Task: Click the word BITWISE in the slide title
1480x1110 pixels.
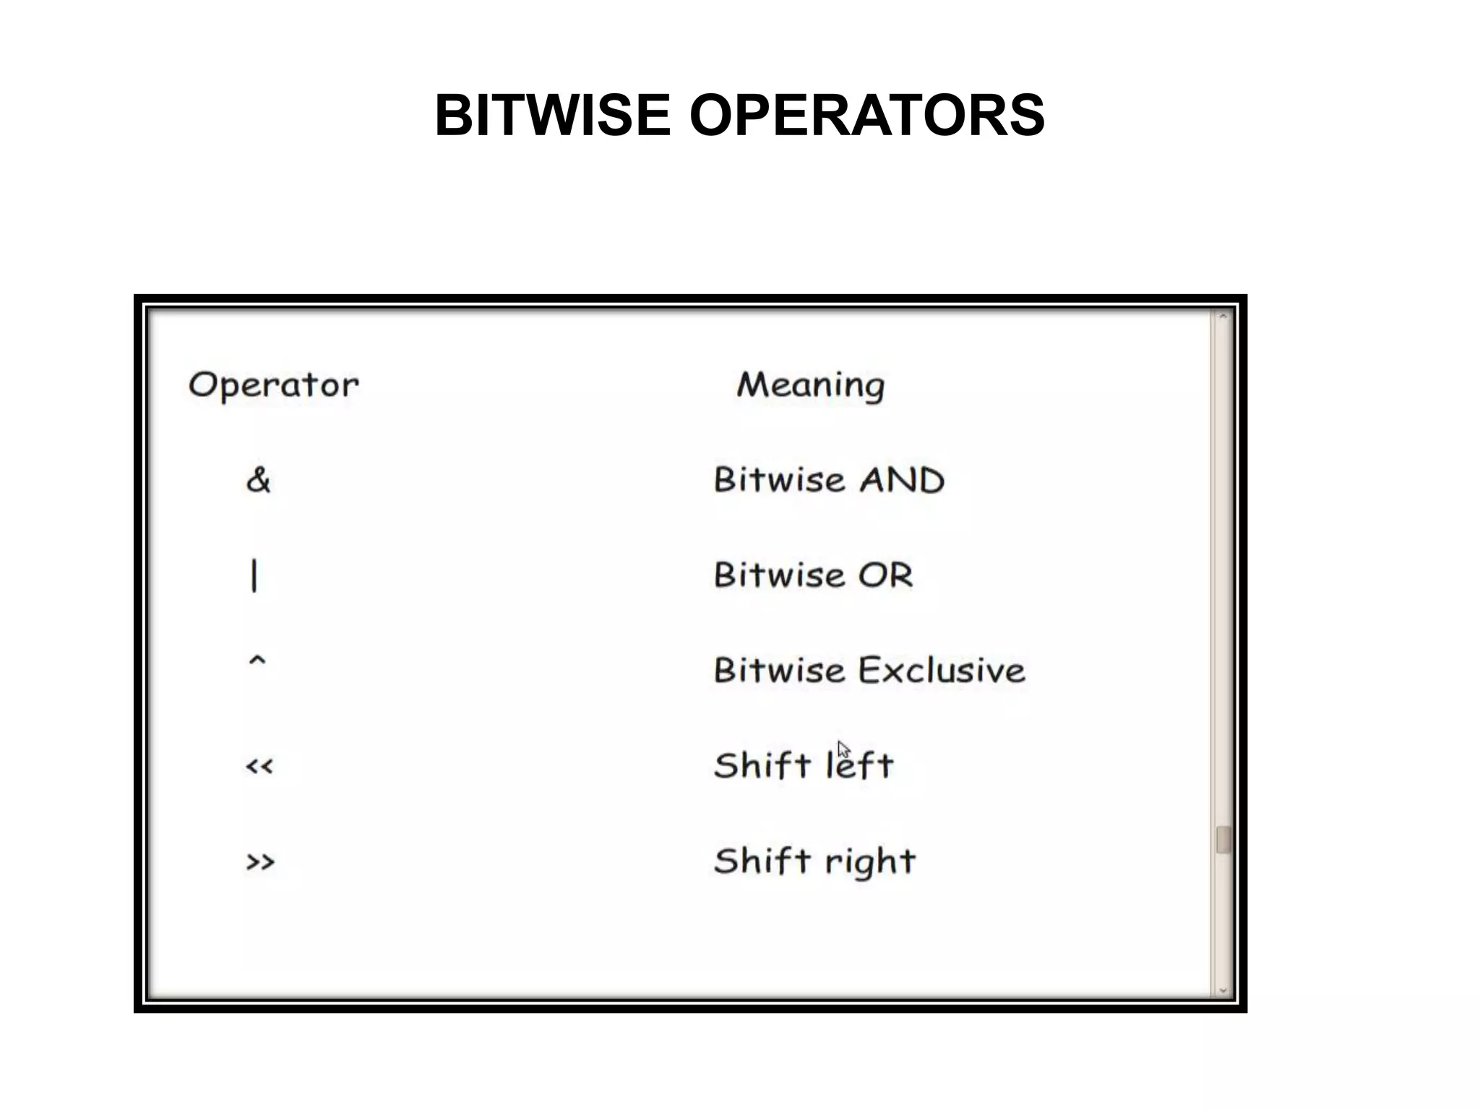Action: [x=552, y=116]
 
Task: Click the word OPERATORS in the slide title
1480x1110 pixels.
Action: [x=866, y=116]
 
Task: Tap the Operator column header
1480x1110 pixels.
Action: [x=273, y=385]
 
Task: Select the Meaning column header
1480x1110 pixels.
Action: [x=810, y=385]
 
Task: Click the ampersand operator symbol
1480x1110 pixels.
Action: [x=258, y=480]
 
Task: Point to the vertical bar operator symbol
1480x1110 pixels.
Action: [x=254, y=576]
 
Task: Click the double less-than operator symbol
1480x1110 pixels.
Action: [x=259, y=767]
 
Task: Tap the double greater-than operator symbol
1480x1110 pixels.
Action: [x=260, y=861]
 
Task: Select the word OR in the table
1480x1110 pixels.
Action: [x=885, y=576]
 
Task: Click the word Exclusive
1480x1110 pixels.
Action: [x=942, y=671]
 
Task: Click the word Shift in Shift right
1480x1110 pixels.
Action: [x=762, y=861]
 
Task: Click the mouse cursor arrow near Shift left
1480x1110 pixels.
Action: [x=843, y=749]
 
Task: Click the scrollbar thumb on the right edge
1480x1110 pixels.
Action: [x=1223, y=840]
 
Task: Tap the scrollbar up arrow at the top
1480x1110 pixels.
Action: [x=1223, y=317]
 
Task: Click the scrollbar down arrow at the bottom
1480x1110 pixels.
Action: [x=1223, y=991]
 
